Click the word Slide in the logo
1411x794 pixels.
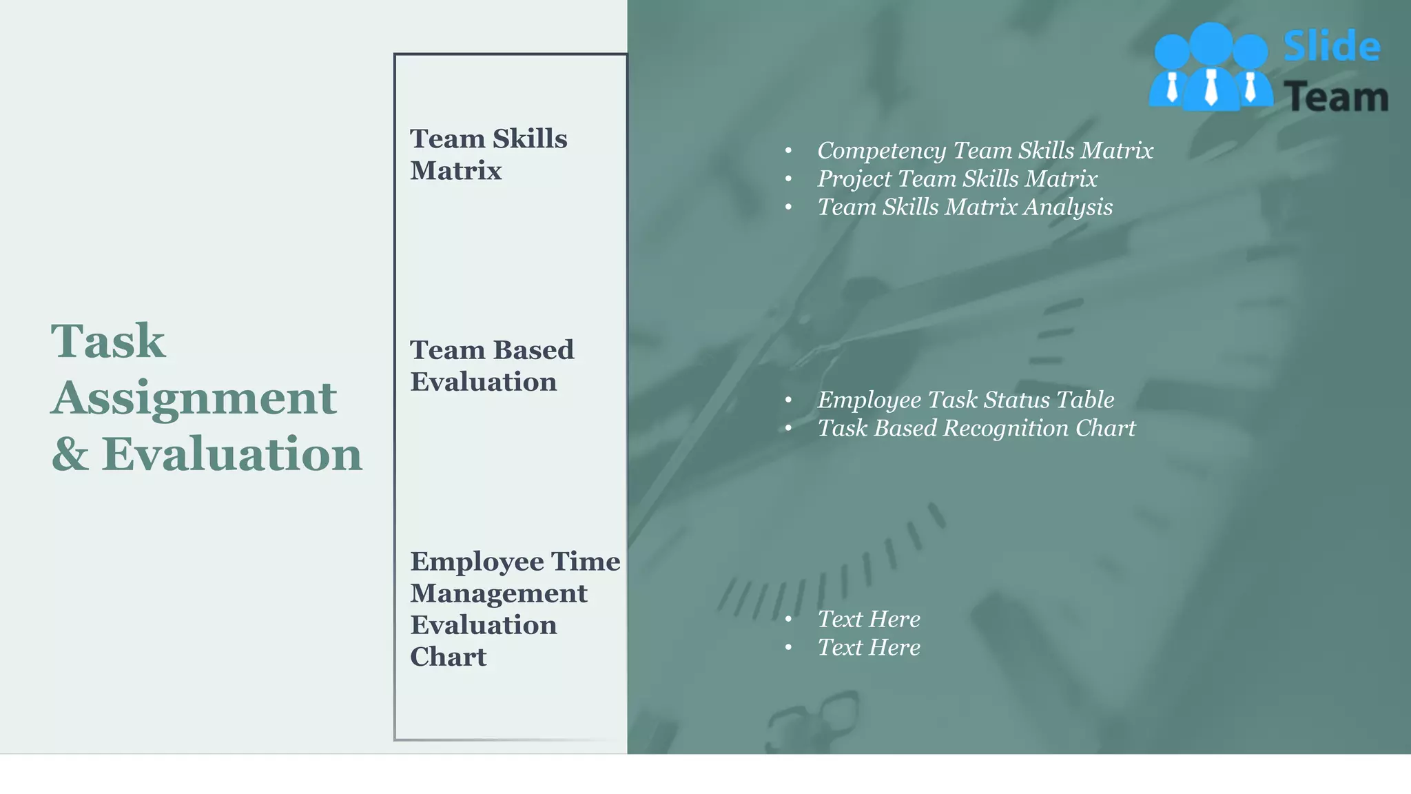click(x=1332, y=47)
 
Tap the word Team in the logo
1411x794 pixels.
click(x=1336, y=97)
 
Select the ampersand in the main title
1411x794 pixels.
click(x=70, y=455)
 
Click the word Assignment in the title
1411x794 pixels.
click(x=194, y=398)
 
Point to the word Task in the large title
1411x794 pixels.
click(x=108, y=341)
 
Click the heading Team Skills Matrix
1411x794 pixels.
click(x=488, y=154)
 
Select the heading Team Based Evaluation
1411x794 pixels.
click(x=491, y=365)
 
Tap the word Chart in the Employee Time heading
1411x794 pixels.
click(x=449, y=657)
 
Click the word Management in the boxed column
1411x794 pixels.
click(x=499, y=593)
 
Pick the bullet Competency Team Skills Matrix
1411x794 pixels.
click(x=985, y=150)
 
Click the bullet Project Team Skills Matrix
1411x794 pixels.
click(x=957, y=179)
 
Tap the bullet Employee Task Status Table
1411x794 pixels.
click(x=965, y=400)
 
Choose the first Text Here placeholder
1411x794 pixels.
click(x=869, y=619)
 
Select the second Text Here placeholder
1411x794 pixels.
click(x=869, y=647)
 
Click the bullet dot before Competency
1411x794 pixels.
click(x=789, y=151)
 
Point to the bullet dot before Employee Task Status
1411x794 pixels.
click(x=789, y=400)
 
